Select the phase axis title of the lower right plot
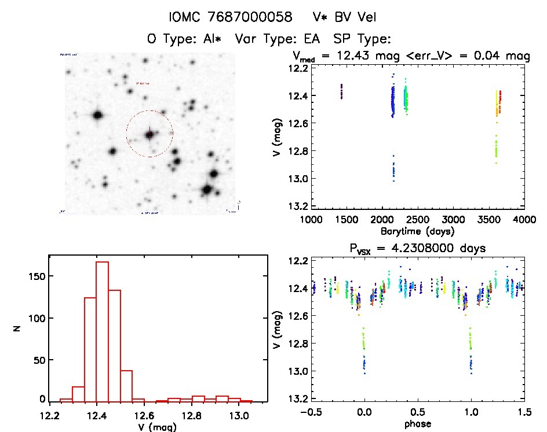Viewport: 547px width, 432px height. tap(417, 423)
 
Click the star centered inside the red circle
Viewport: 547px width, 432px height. tap(149, 134)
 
